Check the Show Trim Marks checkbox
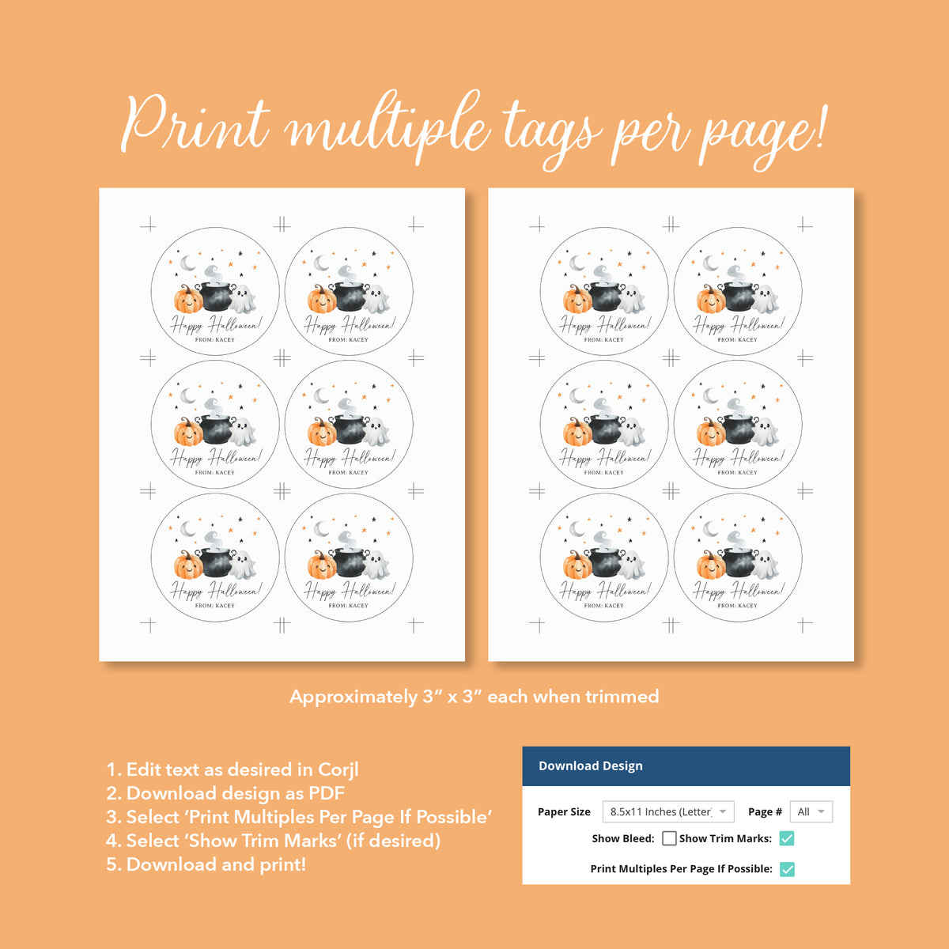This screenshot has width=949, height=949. (787, 838)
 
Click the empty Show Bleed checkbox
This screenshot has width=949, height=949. (669, 838)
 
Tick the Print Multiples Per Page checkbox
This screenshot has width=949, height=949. (787, 869)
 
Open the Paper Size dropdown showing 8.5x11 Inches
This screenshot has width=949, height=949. (668, 812)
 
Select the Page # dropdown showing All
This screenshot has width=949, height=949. (811, 812)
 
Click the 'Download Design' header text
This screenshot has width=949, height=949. (591, 766)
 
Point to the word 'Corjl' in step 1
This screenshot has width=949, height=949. (338, 769)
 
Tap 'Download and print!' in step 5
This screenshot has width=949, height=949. (216, 864)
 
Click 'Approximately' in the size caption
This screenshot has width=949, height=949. (354, 697)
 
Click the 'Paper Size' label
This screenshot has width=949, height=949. (564, 812)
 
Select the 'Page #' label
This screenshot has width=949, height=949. (765, 812)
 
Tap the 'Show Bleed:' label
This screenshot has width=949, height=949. (623, 838)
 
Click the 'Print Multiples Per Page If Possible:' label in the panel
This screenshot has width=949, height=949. (681, 869)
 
